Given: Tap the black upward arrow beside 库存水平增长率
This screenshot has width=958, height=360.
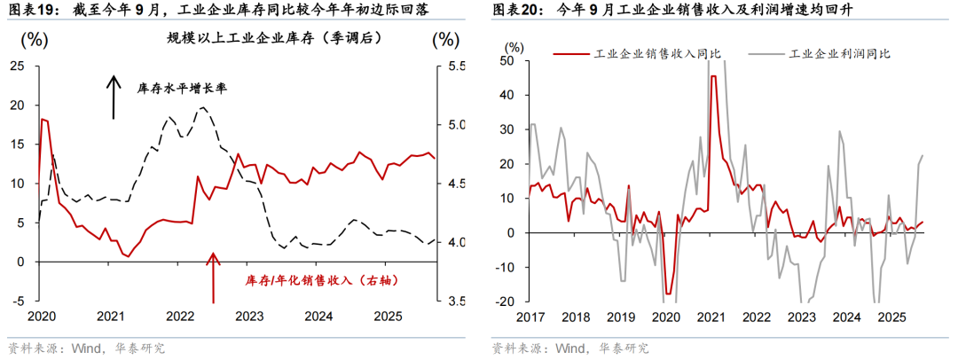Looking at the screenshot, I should coord(114,97).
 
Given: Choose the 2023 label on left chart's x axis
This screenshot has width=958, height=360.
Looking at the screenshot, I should coord(248,317).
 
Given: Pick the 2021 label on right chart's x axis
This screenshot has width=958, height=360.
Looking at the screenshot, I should coord(710,317).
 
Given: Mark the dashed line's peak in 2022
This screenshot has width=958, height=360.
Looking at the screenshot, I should coord(202,107).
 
